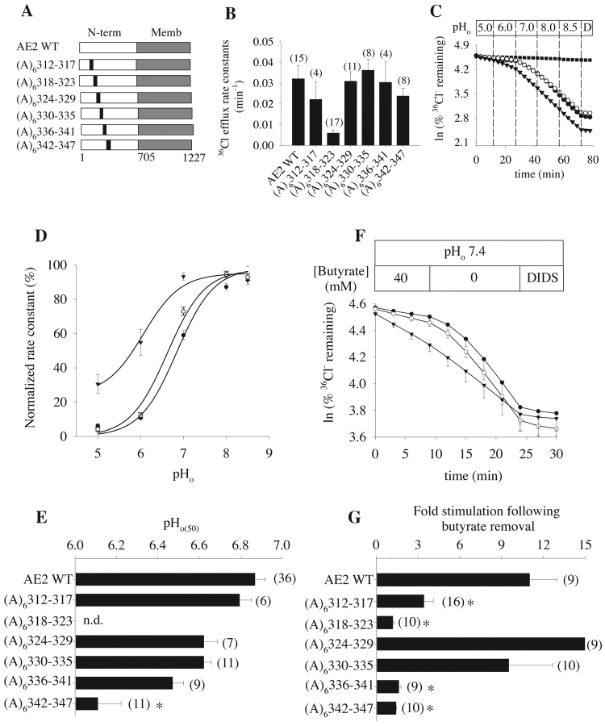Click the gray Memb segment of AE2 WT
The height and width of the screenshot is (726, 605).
point(164,49)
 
